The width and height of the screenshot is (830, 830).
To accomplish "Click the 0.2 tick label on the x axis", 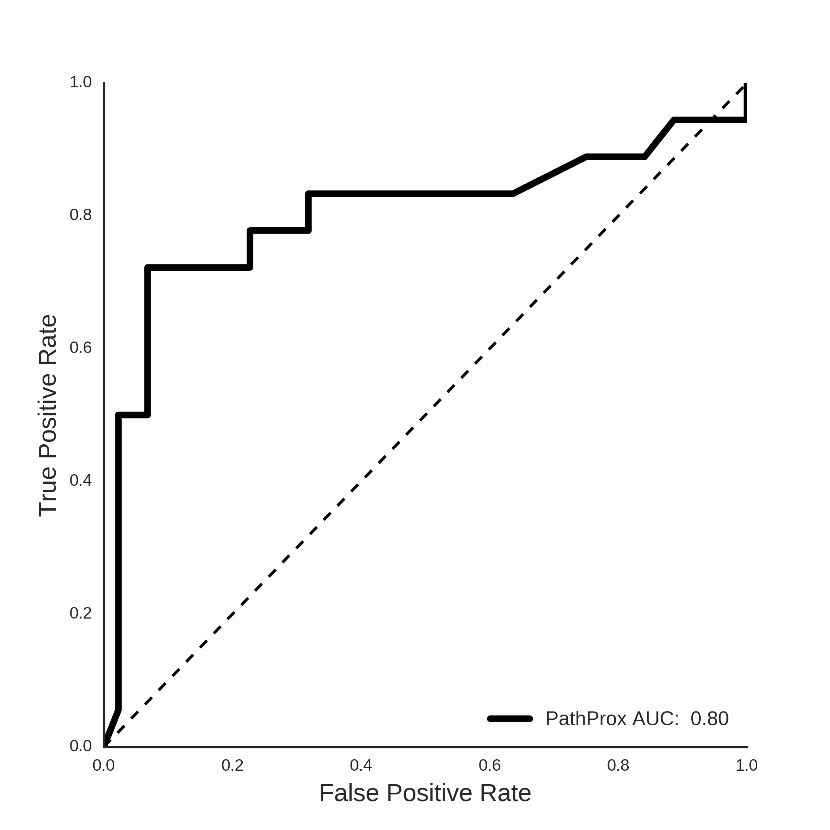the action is (232, 766).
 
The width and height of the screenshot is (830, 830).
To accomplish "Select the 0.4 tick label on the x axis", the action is (361, 766).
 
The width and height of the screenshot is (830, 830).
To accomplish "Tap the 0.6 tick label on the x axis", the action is (490, 766).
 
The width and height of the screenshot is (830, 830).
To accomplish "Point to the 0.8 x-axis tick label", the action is (618, 766).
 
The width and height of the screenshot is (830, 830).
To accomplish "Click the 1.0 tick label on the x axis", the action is (747, 766).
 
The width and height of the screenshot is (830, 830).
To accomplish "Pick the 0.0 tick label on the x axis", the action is (104, 766).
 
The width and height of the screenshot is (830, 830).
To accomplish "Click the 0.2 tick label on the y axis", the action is (81, 613).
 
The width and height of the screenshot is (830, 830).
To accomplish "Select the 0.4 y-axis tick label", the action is (81, 481).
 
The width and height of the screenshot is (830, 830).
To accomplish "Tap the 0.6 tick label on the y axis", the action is (81, 347).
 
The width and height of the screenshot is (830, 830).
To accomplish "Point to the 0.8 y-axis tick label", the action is (81, 215).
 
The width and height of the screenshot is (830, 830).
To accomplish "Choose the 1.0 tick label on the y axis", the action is (81, 82).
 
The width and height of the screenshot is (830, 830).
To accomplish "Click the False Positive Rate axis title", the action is (425, 793).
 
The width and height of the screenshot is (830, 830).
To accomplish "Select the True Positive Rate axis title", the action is (48, 415).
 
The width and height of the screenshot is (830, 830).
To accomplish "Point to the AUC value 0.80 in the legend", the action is (710, 719).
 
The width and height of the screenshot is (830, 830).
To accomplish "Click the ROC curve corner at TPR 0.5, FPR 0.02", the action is (119, 415).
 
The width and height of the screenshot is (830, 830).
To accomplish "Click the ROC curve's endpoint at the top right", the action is (745, 84).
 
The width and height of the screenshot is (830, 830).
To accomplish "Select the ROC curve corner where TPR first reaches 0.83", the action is (308, 194).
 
